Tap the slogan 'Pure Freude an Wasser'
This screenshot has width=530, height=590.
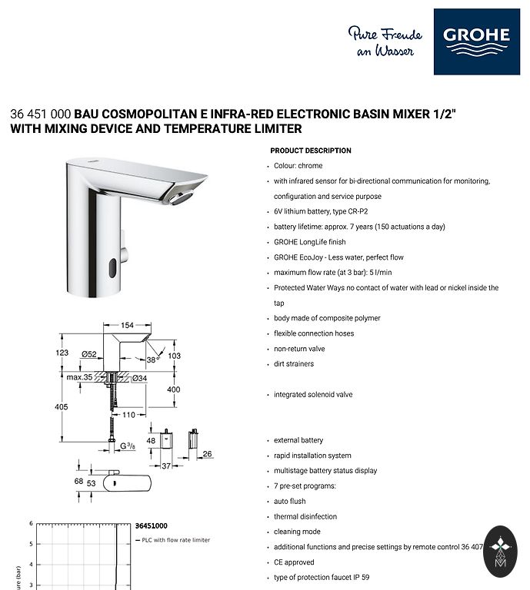coord(385,41)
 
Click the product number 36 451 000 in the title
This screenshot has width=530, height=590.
coord(39,114)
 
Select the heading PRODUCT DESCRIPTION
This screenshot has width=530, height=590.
coord(311,151)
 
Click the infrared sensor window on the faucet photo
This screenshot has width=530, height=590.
coord(113,267)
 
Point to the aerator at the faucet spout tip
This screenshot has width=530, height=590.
coord(182,199)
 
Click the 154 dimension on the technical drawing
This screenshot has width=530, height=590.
coord(127,325)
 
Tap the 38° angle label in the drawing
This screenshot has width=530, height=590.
coord(153,359)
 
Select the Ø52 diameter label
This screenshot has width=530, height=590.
coord(90,353)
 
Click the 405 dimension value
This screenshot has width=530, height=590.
coord(62,407)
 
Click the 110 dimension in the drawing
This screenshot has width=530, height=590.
coord(128,415)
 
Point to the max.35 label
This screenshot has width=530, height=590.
coord(79,377)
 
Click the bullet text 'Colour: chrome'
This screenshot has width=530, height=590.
coord(298,166)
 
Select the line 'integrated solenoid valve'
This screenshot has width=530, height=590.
coord(313,395)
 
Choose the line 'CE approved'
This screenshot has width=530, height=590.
coord(294,562)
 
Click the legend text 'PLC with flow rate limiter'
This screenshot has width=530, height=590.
coord(175,540)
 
